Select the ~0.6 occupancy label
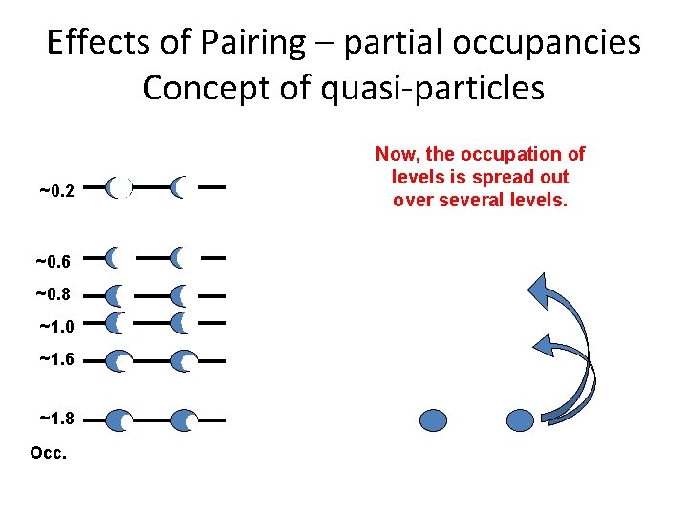coord(54,260)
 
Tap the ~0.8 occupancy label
coord(54,294)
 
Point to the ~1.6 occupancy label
coord(57,359)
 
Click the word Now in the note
coord(394,155)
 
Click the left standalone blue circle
coord(434,419)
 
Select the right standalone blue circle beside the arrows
coord(519,419)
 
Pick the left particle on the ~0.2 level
coord(118,188)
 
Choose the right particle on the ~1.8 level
coord(184,419)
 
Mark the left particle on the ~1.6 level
coord(119,361)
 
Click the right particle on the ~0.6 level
coord(182,257)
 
